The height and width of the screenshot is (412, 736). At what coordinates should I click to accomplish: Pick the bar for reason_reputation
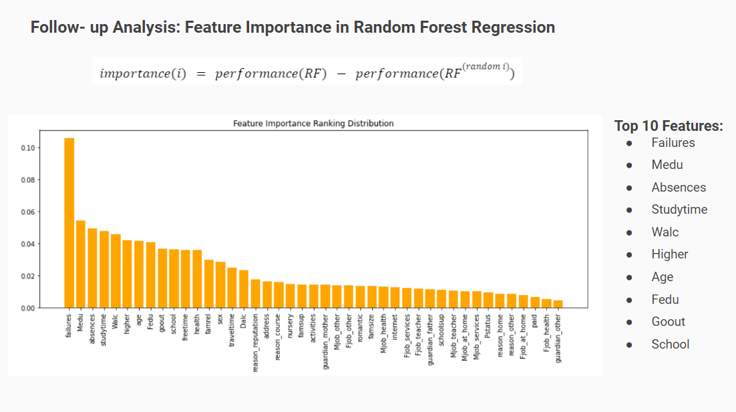256,293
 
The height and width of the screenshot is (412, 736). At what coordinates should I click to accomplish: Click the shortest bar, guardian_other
558,304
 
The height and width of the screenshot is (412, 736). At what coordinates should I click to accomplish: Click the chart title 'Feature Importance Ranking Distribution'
313,124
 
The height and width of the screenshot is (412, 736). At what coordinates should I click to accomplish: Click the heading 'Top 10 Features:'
669,126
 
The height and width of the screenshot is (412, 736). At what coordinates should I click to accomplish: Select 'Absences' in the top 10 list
679,188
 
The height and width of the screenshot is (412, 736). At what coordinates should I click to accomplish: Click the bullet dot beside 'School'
629,345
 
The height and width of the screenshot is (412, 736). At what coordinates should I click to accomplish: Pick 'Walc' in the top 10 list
665,232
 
